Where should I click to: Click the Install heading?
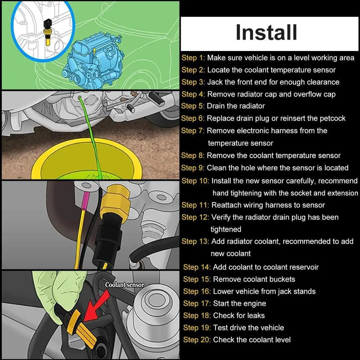[x=266, y=32]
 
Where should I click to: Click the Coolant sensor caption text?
[x=125, y=285]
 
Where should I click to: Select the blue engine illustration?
[x=92, y=61]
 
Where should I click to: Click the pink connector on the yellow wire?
[x=86, y=199]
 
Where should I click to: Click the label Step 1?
[x=193, y=58]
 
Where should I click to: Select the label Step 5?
[x=193, y=106]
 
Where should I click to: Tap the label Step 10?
[x=195, y=181]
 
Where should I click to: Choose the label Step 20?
[x=197, y=340]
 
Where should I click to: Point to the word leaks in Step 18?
[x=255, y=315]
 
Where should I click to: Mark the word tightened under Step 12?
[x=226, y=229]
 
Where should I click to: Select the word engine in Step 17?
[x=254, y=303]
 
